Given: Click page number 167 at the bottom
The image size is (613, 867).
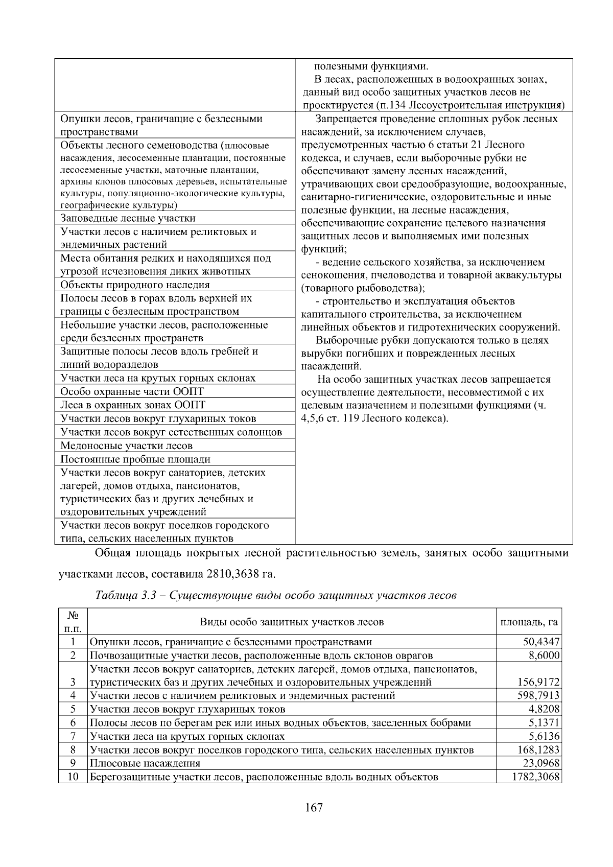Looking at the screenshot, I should pos(314,808).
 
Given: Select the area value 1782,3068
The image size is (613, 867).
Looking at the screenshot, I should pos(535,777).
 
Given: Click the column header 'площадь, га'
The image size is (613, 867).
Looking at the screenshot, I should pos(529,622).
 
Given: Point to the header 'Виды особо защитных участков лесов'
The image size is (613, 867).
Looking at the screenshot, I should pos(292,622).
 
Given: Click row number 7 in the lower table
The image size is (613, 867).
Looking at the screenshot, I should pos(73,736).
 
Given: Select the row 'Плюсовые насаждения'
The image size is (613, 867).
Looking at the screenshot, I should pos(145,763).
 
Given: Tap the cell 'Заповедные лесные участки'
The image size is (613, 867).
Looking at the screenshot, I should pos(128,218).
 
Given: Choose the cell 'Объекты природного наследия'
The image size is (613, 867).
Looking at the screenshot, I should pos(135,285).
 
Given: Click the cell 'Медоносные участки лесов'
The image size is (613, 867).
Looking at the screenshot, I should pos(126,446).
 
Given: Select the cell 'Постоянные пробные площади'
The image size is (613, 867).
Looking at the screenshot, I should pos(135,459).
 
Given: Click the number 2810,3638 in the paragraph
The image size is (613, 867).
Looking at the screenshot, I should pos(232,574).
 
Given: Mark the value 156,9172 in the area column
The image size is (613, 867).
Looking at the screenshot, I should pos(538,682).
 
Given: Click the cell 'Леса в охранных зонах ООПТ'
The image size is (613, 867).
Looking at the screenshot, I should pos(133,405).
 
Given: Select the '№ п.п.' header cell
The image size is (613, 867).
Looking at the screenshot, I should pos(73,622).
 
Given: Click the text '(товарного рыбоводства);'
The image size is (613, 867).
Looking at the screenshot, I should pos(363,288).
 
